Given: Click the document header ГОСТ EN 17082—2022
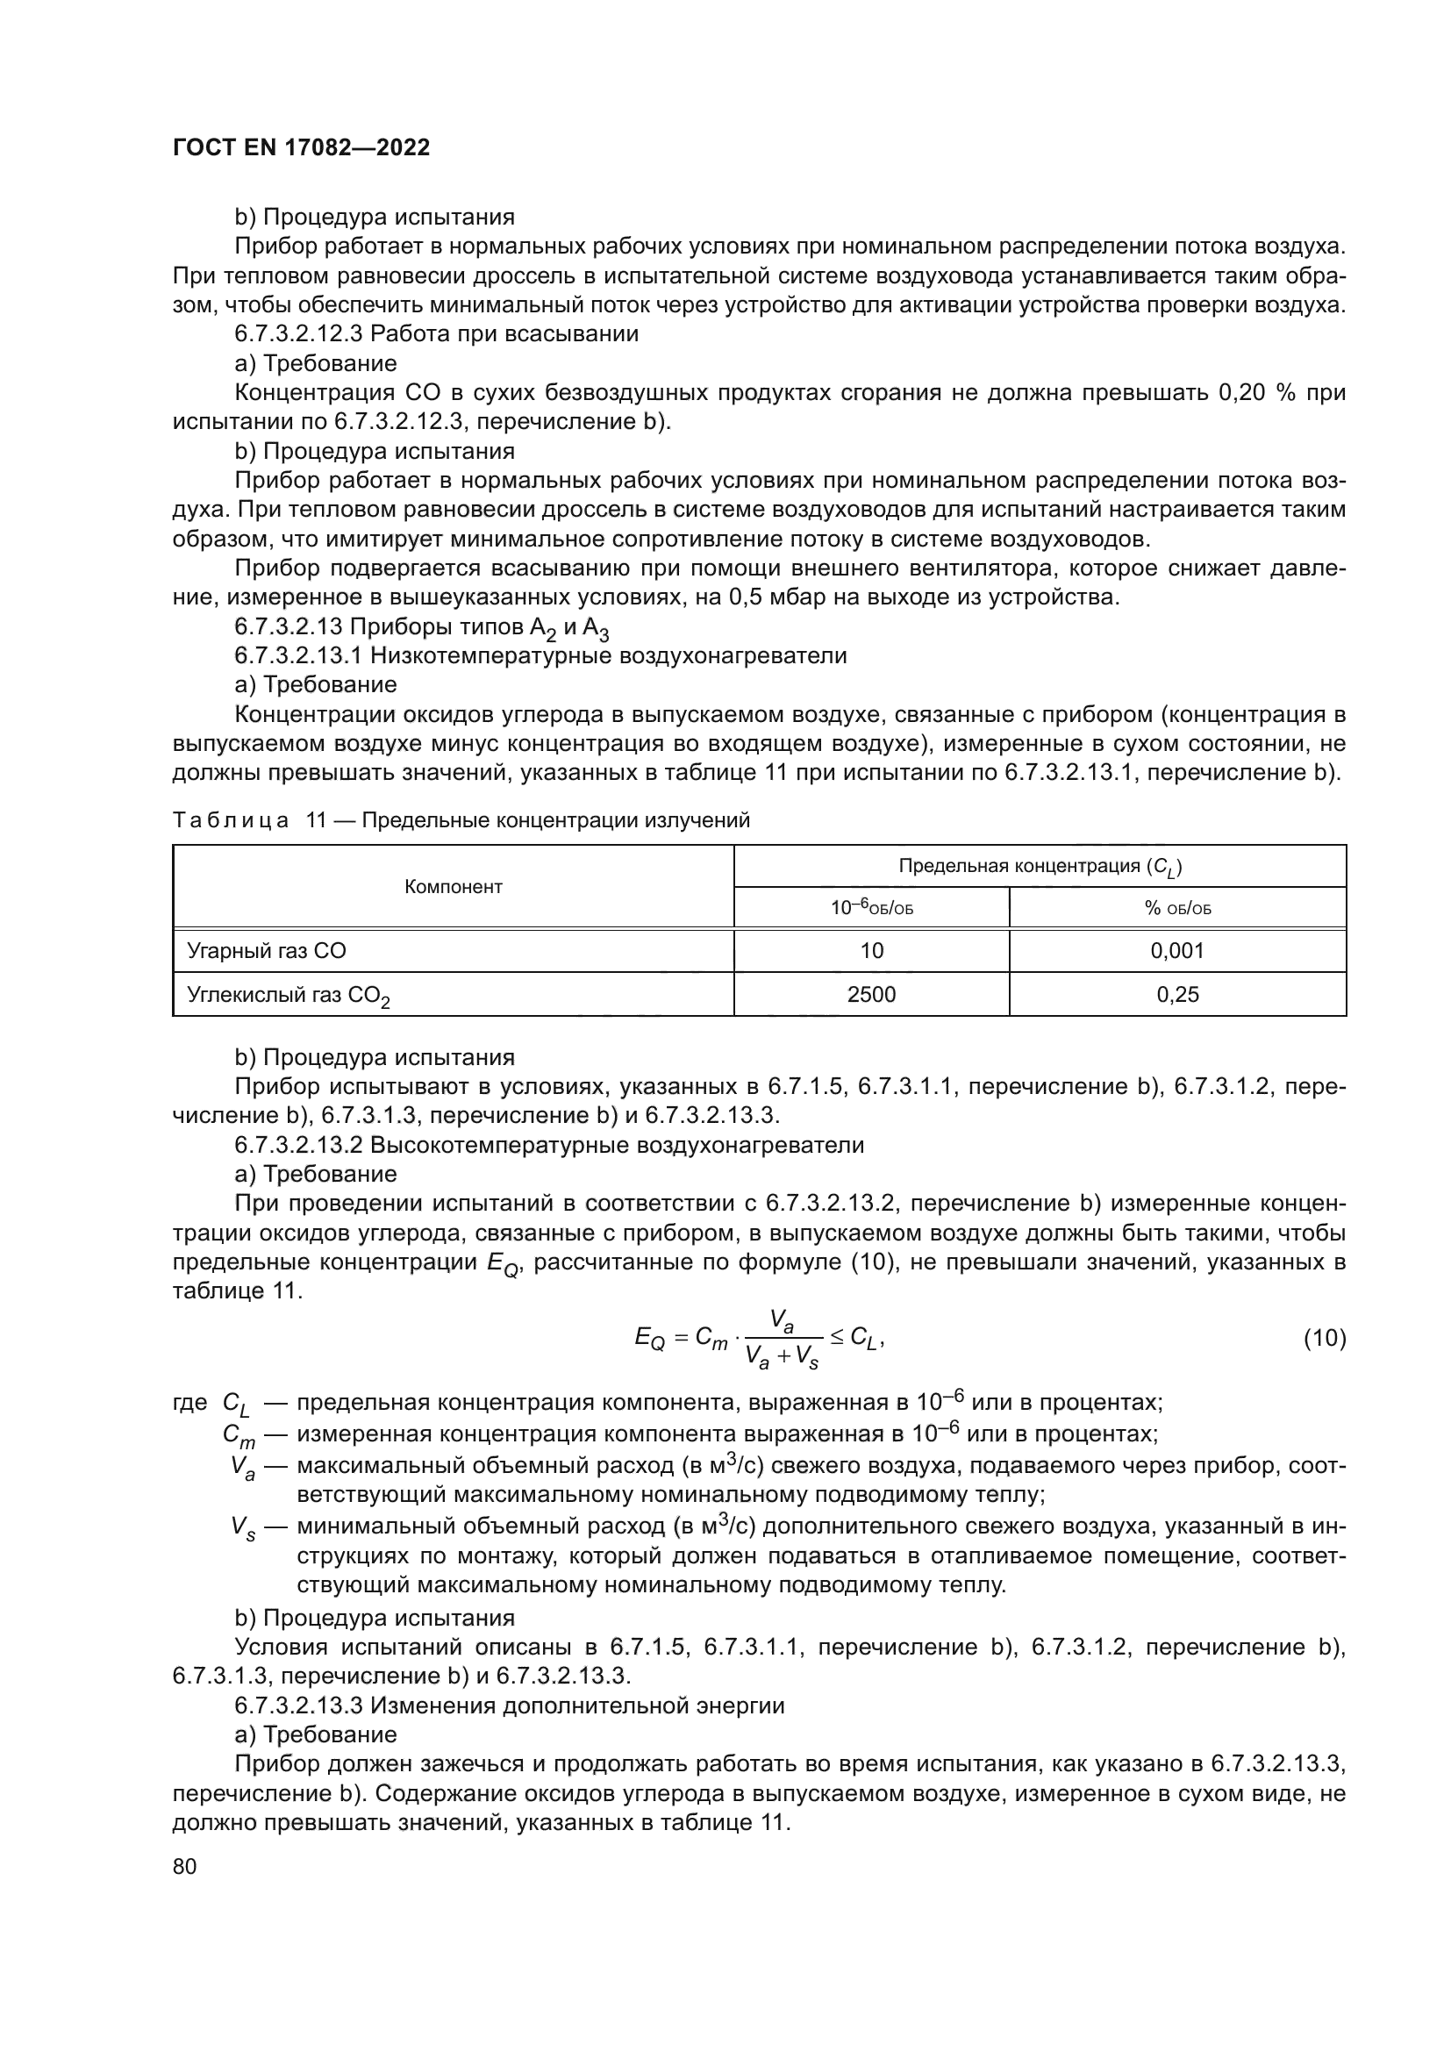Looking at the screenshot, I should click(x=301, y=147).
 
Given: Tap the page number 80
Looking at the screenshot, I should click(x=184, y=1866).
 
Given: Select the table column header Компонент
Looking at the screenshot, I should click(x=453, y=887).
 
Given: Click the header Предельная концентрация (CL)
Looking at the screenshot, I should click(x=1040, y=866).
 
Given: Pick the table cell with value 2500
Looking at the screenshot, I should click(x=871, y=994).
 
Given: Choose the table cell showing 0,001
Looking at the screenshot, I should click(x=1177, y=951).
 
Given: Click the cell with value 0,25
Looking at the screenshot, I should click(x=1177, y=994).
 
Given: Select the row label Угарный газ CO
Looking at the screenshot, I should click(x=267, y=951).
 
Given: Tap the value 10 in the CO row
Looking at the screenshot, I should click(x=871, y=951).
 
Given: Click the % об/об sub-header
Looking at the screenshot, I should click(x=1177, y=909).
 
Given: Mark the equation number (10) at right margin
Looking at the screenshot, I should click(x=1324, y=1339).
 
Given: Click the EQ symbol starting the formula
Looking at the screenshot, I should click(x=648, y=1339).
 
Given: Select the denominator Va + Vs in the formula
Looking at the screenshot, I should click(x=782, y=1358).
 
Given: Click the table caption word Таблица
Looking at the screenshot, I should click(x=230, y=820).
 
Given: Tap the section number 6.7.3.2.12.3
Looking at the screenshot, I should click(x=299, y=334).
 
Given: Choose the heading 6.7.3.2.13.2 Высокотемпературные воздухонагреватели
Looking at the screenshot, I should click(x=548, y=1145).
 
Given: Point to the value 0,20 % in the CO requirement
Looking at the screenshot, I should click(x=1256, y=393).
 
